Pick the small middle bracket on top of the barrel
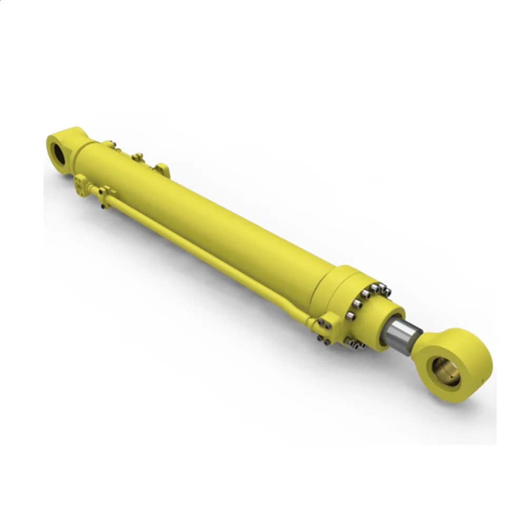[x=138, y=157]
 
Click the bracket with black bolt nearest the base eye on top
[x=109, y=143]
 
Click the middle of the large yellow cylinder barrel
[x=211, y=221]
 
